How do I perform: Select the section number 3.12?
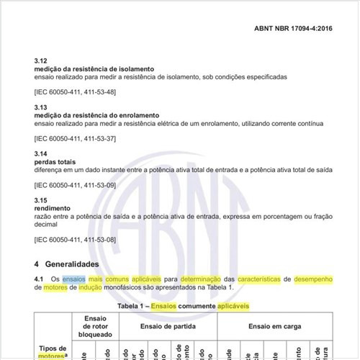(x=41, y=61)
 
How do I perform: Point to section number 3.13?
(x=41, y=107)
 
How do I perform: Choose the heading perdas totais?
(x=55, y=162)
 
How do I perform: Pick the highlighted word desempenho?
(x=313, y=279)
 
